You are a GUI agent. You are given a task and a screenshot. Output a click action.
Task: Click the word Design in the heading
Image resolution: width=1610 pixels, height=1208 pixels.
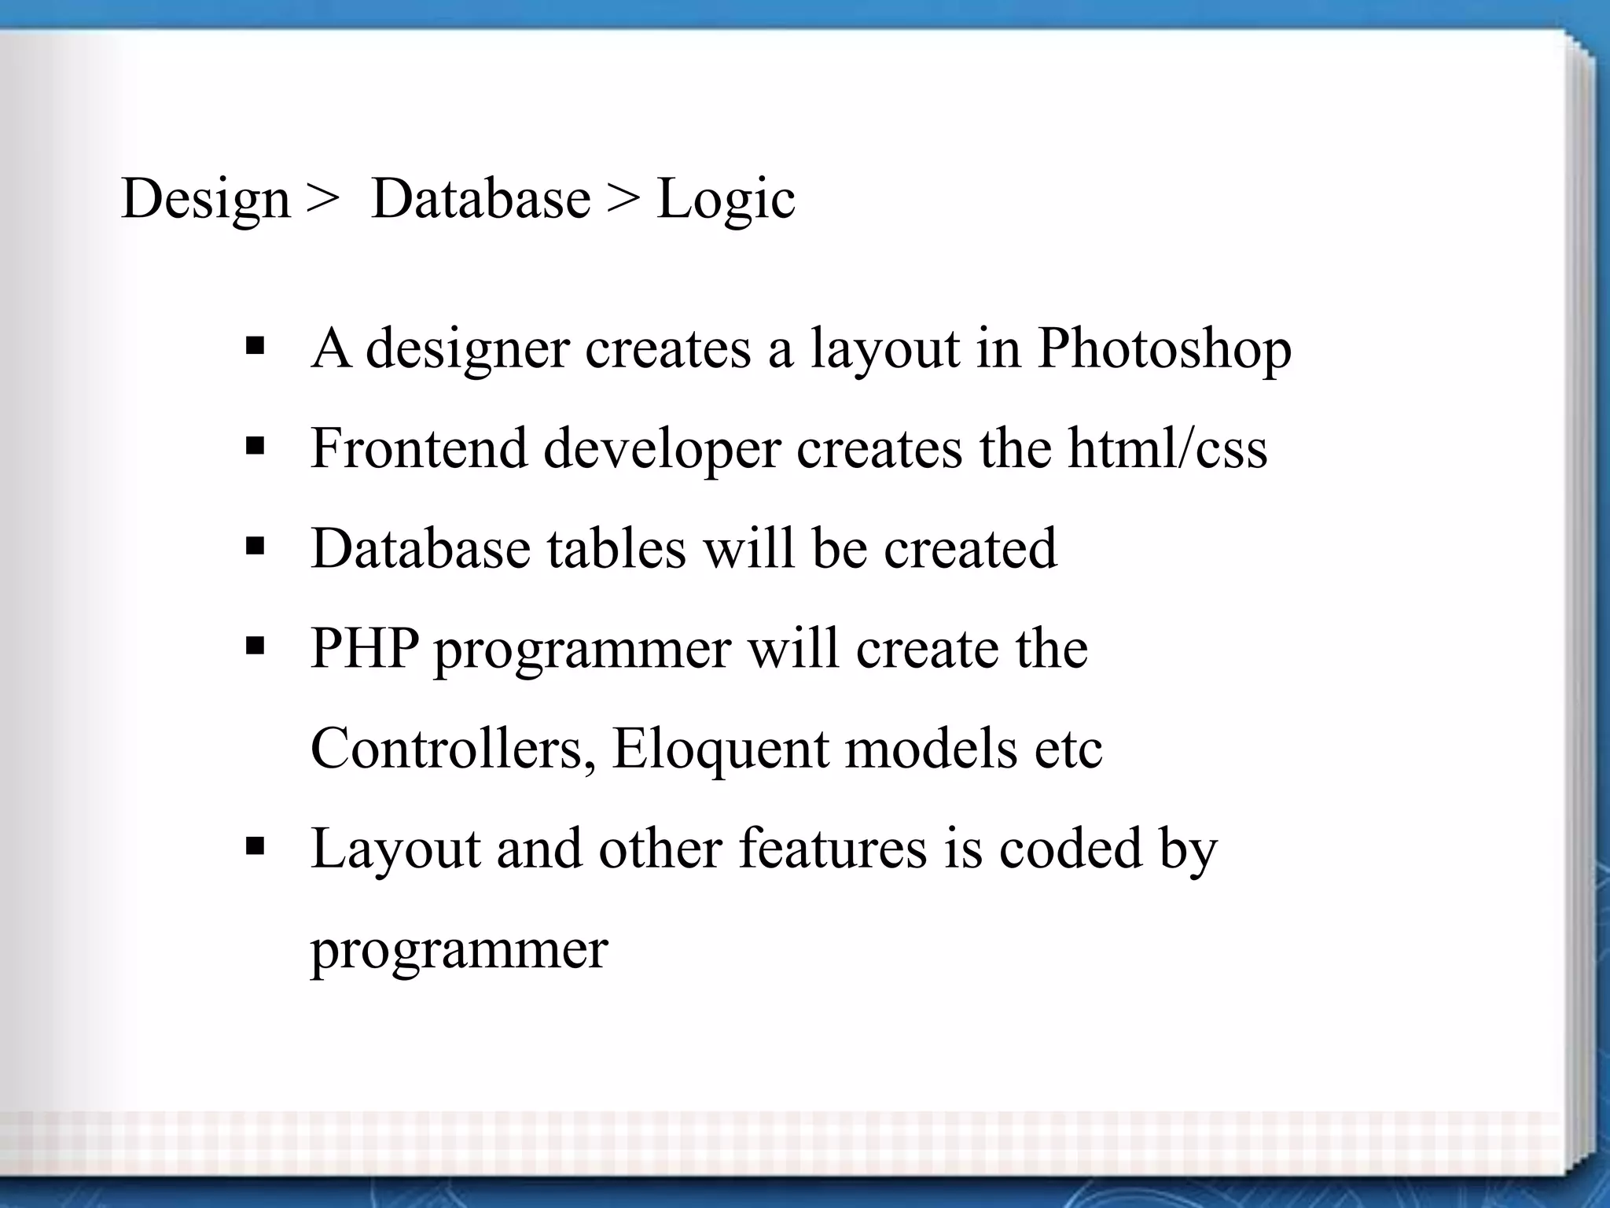tap(206, 200)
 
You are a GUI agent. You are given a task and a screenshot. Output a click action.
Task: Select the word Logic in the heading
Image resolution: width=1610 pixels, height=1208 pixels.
tap(725, 200)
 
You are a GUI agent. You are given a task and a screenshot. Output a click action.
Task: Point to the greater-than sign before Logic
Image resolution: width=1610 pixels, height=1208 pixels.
tap(623, 200)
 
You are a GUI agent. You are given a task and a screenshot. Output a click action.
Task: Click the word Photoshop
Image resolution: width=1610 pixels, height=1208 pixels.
tap(1164, 348)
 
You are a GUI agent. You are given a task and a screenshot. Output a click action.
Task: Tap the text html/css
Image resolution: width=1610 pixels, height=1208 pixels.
tap(1167, 448)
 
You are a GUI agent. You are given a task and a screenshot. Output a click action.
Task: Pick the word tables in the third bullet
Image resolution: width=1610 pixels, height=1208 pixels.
tap(616, 548)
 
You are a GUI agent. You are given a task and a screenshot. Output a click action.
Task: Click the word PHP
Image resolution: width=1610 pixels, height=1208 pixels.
tap(364, 648)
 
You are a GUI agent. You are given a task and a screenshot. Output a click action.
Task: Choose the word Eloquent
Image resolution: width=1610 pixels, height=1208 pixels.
tap(720, 749)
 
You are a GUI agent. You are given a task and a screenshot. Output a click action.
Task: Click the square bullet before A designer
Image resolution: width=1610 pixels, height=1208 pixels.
tap(255, 346)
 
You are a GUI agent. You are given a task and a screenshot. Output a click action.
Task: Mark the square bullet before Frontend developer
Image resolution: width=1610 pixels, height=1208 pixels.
tap(255, 447)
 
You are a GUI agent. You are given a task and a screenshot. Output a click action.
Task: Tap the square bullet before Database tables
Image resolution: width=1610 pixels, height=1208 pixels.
tap(255, 546)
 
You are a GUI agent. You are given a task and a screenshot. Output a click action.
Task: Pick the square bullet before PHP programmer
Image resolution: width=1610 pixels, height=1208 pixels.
tap(255, 646)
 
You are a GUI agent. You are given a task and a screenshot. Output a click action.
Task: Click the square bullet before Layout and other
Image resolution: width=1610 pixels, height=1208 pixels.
tap(255, 847)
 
